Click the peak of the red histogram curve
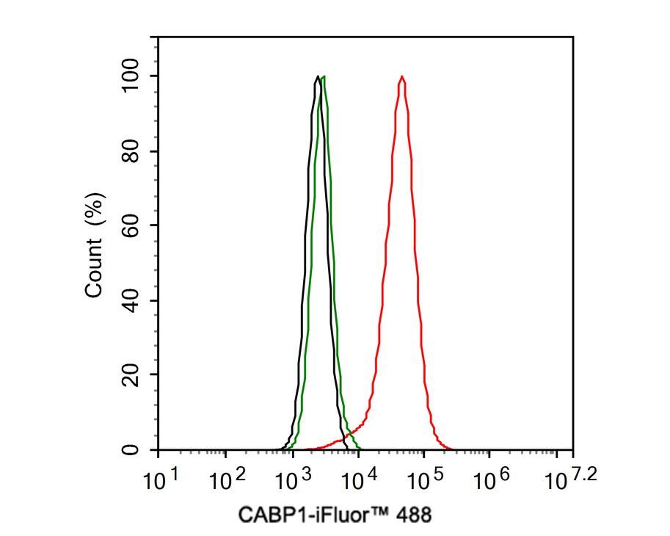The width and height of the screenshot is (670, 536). coord(401,76)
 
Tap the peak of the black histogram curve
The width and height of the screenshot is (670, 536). coord(317,76)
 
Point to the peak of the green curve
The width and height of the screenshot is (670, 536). coord(324,76)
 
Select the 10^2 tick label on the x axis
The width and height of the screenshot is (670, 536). coord(225,481)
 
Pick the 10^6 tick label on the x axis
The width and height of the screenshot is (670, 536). coord(491,481)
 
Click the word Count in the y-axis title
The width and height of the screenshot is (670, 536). coord(95,272)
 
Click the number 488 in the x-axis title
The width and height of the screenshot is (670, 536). coord(415,515)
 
